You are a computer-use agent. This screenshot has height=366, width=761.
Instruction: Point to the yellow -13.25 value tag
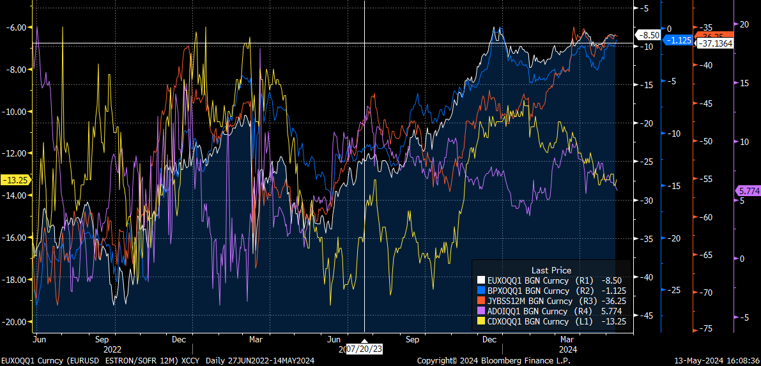[13, 180]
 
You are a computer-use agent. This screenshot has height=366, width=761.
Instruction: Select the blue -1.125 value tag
[678, 40]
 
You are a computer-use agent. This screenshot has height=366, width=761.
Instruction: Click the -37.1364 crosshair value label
[714, 43]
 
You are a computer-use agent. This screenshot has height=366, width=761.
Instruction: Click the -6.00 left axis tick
[16, 27]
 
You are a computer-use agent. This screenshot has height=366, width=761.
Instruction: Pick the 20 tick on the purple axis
[744, 24]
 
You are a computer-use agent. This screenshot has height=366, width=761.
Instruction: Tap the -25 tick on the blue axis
[673, 290]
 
